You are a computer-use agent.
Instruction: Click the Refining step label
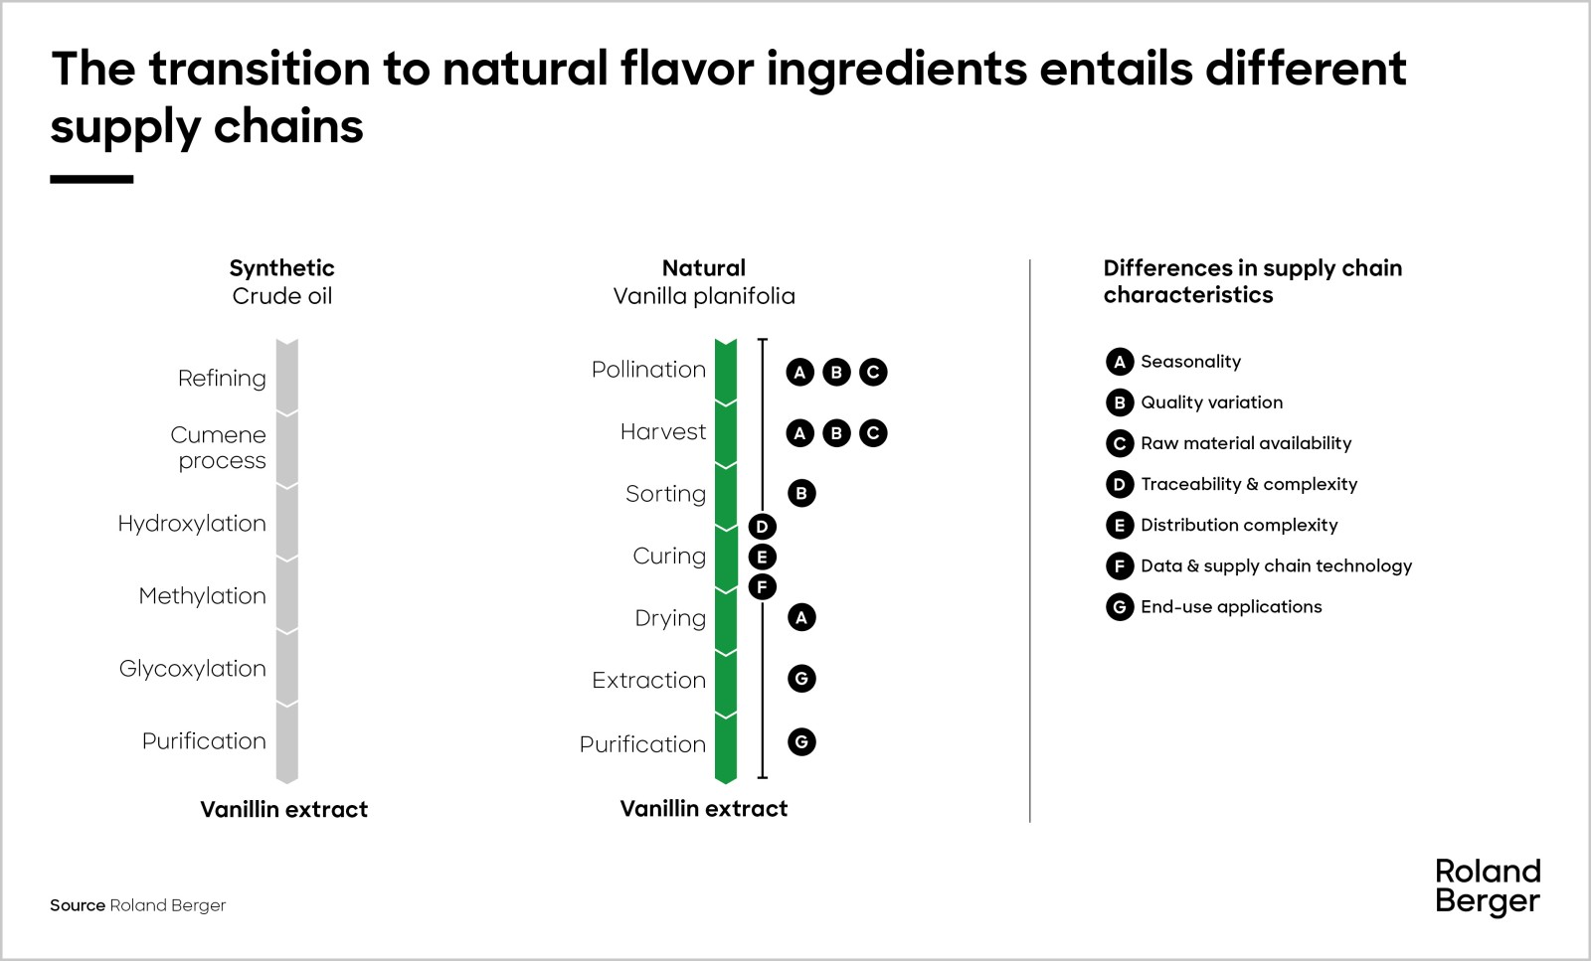coord(222,379)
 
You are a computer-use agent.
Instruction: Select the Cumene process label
coord(218,447)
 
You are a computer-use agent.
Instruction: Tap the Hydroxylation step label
coord(192,524)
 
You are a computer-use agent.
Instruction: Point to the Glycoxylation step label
coord(193,669)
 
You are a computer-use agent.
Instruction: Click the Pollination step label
coord(648,369)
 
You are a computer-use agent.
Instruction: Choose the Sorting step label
coord(665,493)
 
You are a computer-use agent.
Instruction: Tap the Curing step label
coord(669,556)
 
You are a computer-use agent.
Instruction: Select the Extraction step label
coord(648,680)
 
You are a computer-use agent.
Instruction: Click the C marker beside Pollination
coord(873,372)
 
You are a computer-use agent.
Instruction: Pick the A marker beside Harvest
coord(799,433)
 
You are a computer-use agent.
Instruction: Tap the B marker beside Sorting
coord(801,493)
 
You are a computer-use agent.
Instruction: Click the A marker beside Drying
coord(801,617)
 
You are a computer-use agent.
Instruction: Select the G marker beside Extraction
coord(801,679)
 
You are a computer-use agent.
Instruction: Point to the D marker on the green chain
coord(762,527)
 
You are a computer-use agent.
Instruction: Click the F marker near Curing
coord(762,587)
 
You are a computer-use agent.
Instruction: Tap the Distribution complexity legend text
coord(1239,525)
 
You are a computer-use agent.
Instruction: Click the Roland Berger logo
coord(1488,887)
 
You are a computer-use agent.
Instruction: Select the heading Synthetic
coord(282,268)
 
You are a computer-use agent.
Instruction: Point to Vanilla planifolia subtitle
coord(704,296)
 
